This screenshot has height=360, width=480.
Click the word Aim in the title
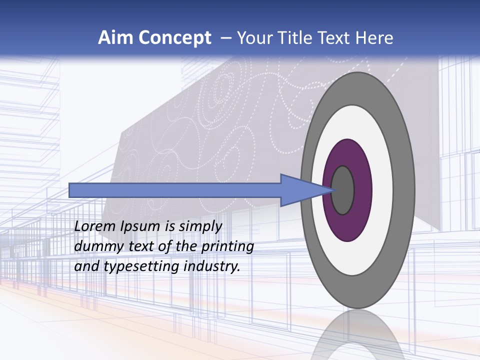(x=114, y=38)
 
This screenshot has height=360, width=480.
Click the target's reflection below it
(x=358, y=335)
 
